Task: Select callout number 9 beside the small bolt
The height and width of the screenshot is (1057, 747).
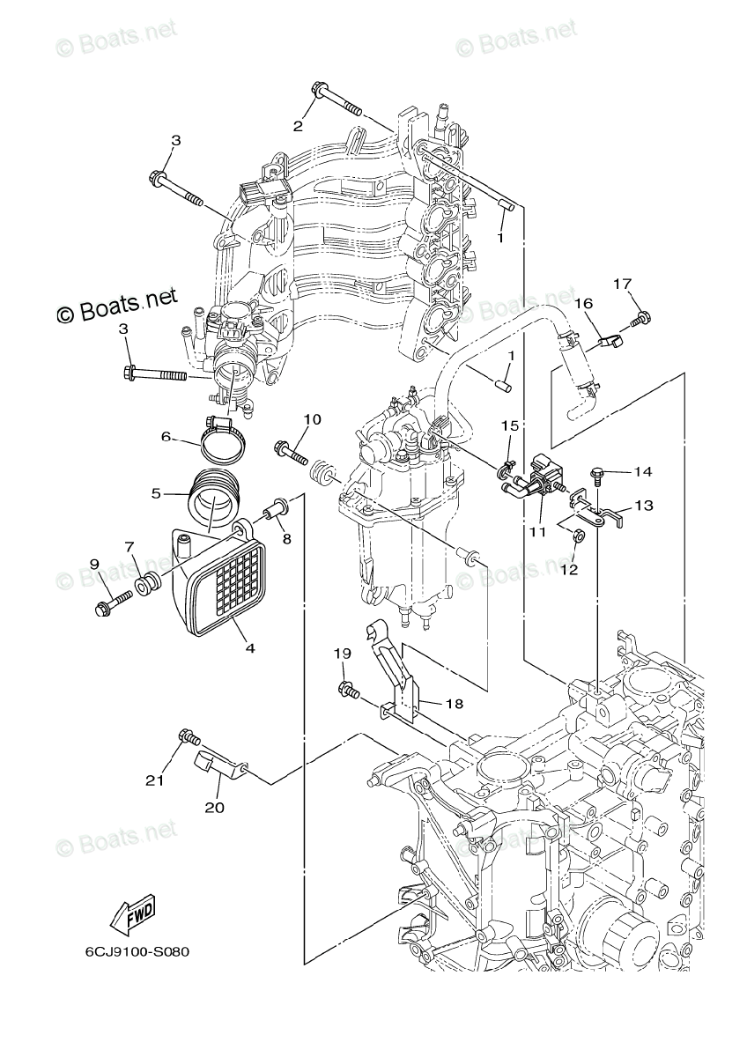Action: (94, 563)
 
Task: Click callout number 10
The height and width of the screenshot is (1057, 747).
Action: (312, 419)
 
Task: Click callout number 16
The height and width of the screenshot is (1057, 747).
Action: (584, 302)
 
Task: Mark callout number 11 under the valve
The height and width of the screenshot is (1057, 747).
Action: (537, 532)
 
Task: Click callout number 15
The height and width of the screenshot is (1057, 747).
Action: (510, 425)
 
